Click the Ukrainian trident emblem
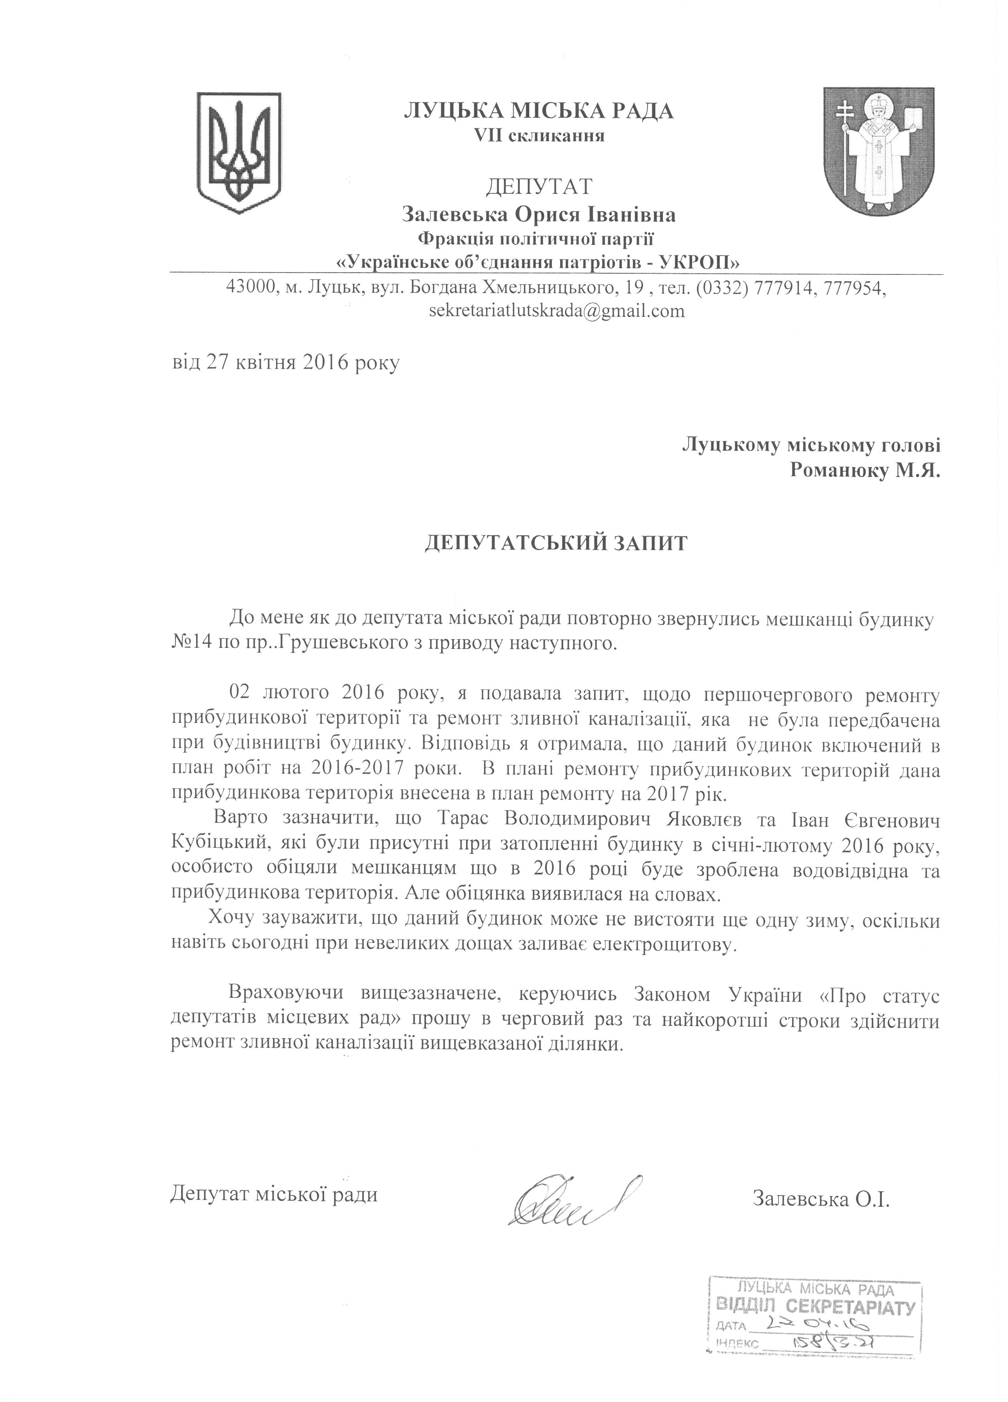tap(238, 151)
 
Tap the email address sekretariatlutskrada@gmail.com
tap(556, 310)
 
